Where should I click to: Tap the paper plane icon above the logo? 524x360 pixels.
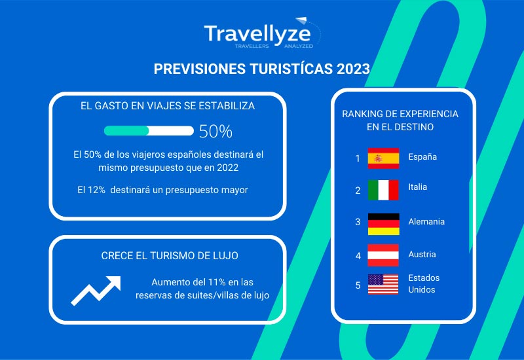coord(301,20)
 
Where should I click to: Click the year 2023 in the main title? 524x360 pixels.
coord(353,69)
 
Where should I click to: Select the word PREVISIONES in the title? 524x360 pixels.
coord(200,69)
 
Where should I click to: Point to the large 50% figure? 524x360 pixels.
coord(215,132)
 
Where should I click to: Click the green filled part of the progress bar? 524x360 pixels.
coord(126,130)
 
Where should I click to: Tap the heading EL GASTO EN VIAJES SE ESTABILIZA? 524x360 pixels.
coord(168,106)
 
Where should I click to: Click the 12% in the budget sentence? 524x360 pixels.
coord(96,190)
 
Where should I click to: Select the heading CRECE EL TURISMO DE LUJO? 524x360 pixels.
coord(170,255)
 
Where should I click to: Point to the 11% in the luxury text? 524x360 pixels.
coord(217,282)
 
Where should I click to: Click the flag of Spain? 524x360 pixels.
coord(383,158)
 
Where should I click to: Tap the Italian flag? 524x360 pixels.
coord(383,190)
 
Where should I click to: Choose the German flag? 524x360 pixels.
coord(384,224)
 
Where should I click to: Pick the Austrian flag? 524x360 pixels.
coord(383,255)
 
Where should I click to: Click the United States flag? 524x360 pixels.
coord(383,284)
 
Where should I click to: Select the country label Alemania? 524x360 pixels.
coord(426,221)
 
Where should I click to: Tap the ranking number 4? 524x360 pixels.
coord(358,256)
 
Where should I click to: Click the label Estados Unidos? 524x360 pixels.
coord(424,283)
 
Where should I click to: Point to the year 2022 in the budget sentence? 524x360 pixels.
coord(227,168)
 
